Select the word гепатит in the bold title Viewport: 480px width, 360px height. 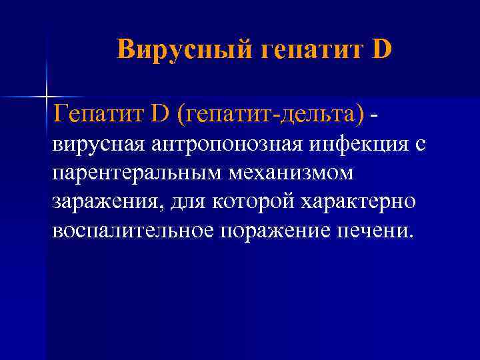coord(307,49)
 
